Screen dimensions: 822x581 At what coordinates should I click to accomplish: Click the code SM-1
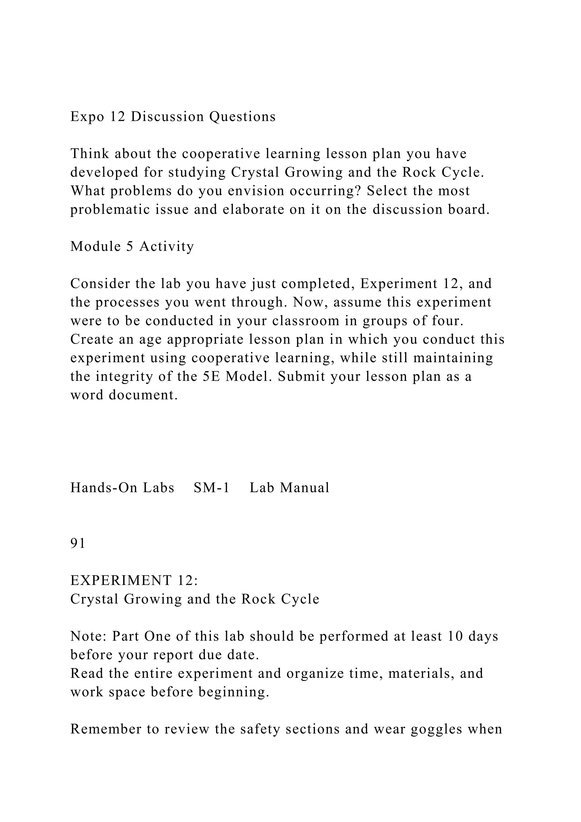pyautogui.click(x=211, y=488)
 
